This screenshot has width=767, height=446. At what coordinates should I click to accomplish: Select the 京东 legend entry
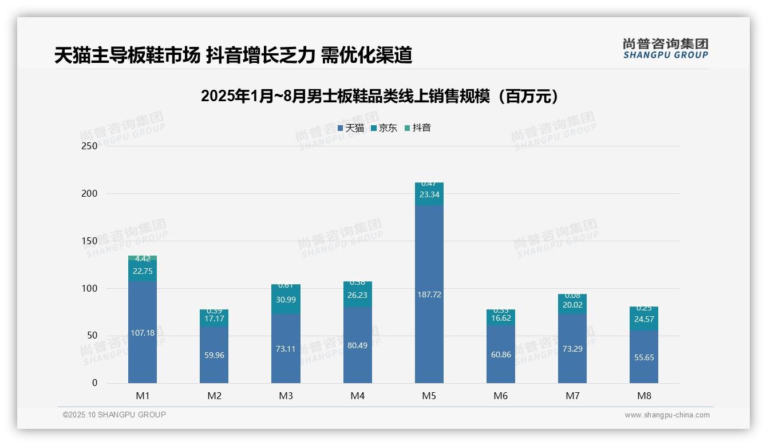click(384, 128)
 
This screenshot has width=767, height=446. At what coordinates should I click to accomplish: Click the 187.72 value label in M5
click(429, 294)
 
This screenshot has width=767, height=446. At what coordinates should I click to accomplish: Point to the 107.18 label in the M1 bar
click(143, 333)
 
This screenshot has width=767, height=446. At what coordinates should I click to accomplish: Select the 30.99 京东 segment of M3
click(286, 300)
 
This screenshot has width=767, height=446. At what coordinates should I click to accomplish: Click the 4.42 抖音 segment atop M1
click(143, 258)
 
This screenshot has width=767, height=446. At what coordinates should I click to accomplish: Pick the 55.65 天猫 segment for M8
click(644, 357)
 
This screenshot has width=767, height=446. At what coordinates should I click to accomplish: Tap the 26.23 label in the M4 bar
click(357, 295)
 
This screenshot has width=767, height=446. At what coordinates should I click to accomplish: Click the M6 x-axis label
click(501, 396)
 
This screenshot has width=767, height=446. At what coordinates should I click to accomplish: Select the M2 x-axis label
click(214, 396)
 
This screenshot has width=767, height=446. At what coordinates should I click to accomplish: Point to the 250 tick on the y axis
click(90, 146)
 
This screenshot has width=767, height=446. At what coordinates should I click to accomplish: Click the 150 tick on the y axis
click(90, 241)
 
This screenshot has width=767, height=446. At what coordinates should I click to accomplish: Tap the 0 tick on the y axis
click(94, 383)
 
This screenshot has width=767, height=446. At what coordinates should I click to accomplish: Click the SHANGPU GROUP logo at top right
click(665, 49)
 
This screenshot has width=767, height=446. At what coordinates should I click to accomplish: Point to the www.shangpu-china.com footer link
click(667, 415)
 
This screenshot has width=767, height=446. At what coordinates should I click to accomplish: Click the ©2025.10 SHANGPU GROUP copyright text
click(114, 415)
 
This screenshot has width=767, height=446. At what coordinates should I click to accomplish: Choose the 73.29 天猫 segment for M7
click(572, 349)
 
